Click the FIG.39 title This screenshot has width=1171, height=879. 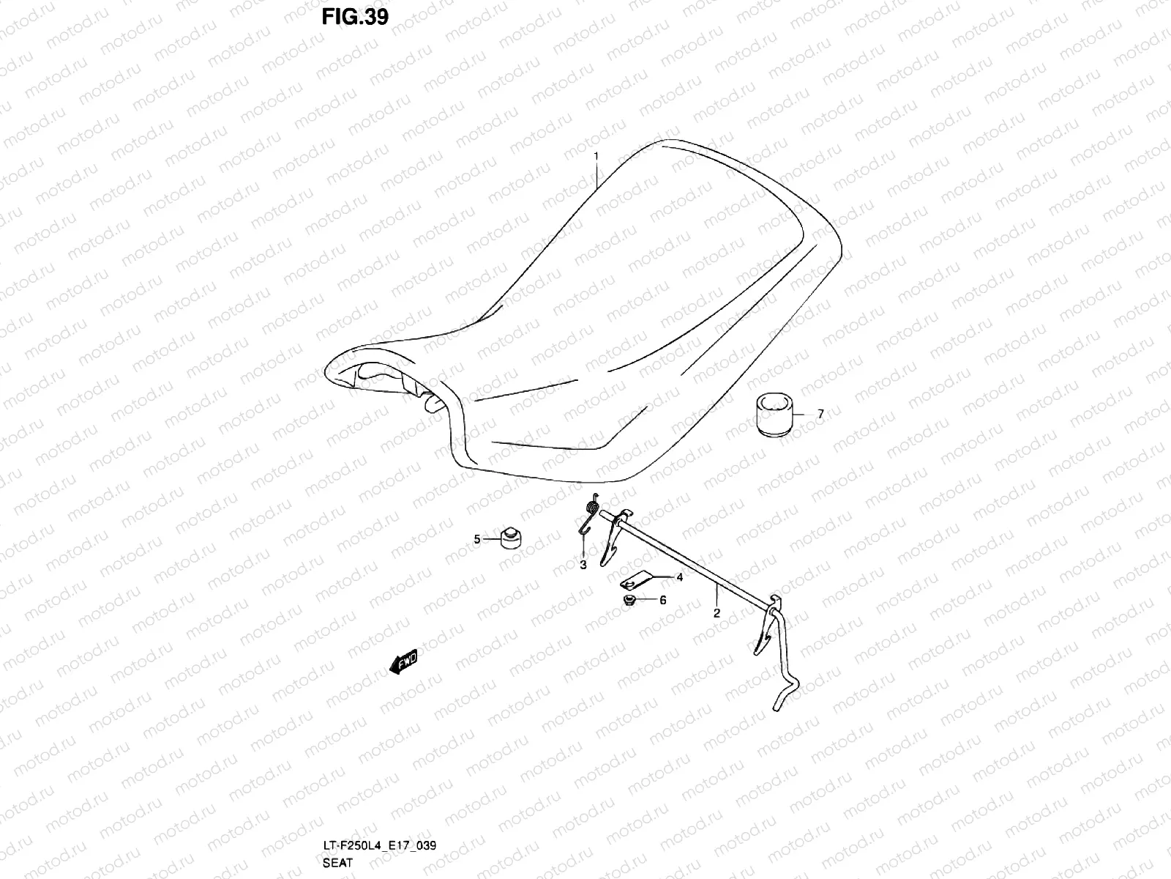pyautogui.click(x=355, y=17)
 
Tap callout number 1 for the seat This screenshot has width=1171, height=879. pyautogui.click(x=596, y=156)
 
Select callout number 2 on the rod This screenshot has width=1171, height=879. pyautogui.click(x=717, y=612)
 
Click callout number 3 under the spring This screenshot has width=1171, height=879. pyautogui.click(x=583, y=565)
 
